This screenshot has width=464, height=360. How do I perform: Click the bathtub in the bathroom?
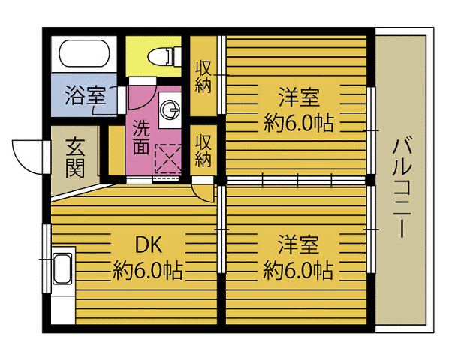point(85,55)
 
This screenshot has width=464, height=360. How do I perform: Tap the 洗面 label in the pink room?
point(142,136)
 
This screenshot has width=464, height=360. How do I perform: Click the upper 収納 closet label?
point(203,75)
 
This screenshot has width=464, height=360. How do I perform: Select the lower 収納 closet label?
point(203,150)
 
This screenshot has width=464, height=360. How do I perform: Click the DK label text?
point(149,244)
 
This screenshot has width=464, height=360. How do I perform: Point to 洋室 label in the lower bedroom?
point(298,244)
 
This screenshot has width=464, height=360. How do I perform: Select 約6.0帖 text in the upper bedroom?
point(298,122)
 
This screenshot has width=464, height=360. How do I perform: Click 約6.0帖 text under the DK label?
point(149,270)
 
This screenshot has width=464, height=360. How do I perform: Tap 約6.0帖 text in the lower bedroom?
point(298,270)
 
